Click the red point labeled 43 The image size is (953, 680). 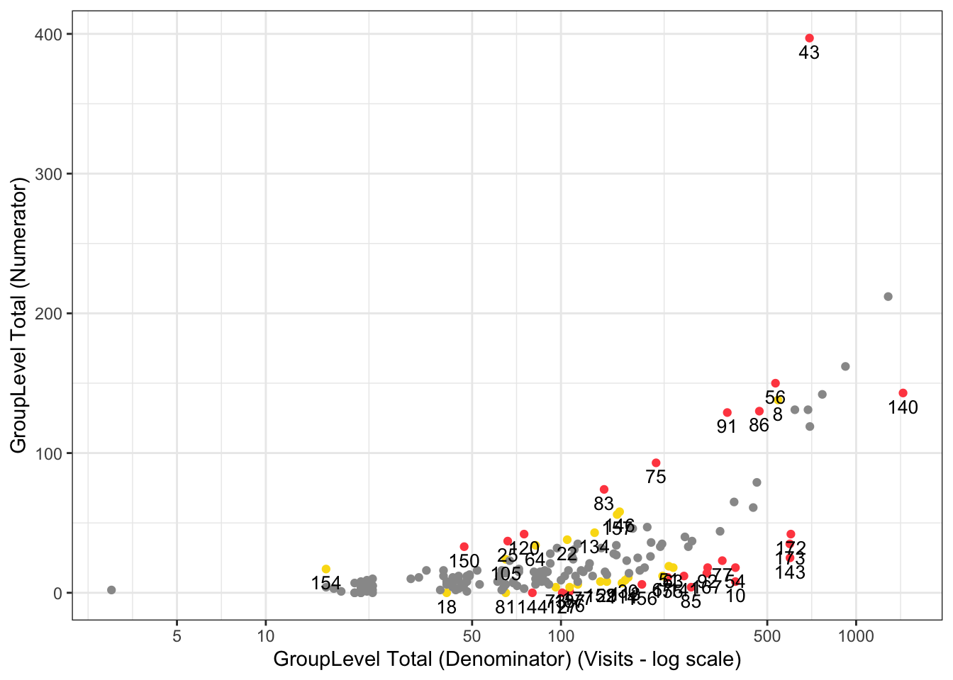click(x=809, y=38)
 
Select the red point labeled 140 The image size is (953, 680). click(x=903, y=393)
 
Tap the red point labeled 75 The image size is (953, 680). click(x=656, y=463)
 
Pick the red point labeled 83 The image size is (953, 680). click(x=604, y=489)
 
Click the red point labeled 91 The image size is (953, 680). click(x=727, y=412)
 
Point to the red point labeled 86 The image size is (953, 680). click(x=759, y=411)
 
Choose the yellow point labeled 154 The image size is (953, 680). click(x=326, y=569)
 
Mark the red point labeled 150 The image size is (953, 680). click(x=464, y=547)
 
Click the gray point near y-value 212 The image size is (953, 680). click(x=888, y=297)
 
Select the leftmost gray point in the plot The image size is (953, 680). click(x=111, y=590)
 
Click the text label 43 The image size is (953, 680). click(x=809, y=53)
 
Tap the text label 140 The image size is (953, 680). click(x=903, y=408)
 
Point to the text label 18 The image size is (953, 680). click(x=447, y=608)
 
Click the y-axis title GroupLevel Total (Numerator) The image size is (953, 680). click(x=18, y=314)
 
